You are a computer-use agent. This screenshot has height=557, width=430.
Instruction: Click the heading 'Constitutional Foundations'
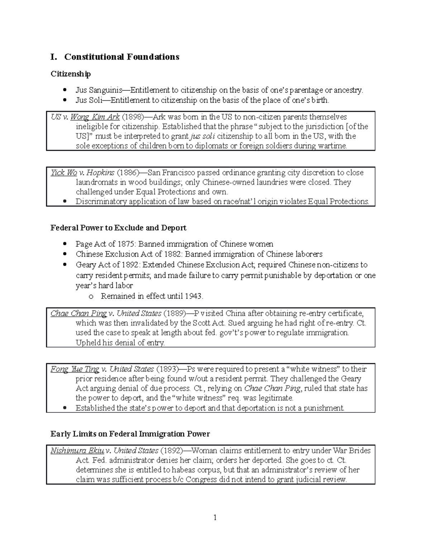point(121,57)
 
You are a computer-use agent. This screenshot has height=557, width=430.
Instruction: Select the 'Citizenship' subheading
point(71,74)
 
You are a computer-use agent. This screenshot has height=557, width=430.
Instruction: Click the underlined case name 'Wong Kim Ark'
point(95,117)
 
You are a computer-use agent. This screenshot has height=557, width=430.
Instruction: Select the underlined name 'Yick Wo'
point(64,173)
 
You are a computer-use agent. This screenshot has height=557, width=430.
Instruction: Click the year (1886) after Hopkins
point(128,173)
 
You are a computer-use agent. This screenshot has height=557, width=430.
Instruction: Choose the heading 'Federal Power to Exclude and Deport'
point(118,228)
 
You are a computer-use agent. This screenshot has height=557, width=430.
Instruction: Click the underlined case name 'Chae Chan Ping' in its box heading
point(78,313)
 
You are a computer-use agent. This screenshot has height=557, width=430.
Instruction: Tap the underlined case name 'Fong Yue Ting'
point(75,369)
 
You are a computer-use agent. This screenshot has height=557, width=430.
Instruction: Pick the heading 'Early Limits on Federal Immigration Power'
point(130,434)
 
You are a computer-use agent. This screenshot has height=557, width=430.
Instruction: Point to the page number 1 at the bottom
point(215,518)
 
